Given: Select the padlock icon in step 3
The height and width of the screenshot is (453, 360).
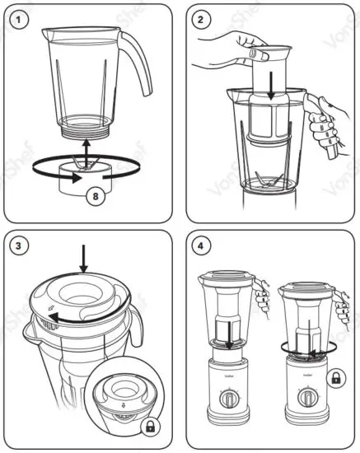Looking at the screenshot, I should click(150, 427).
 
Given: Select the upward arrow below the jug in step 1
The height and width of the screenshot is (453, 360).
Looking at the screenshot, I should click(87, 156).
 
